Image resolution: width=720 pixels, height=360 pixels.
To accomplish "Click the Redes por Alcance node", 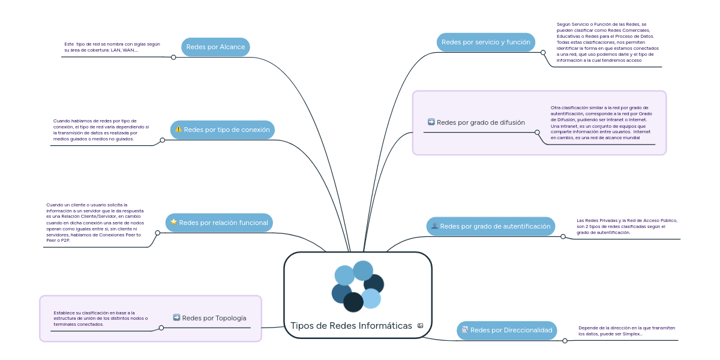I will point(215,47).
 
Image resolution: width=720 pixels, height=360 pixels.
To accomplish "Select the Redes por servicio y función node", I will point(485,42).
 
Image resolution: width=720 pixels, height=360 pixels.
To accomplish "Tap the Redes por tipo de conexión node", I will point(222,130).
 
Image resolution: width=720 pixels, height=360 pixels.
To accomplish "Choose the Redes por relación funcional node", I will point(218,223).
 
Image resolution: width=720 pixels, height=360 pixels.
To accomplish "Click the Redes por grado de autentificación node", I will point(490,226).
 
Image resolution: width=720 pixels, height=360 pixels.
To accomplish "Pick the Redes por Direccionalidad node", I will point(506,330).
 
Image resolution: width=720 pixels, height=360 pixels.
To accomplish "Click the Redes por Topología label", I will point(214,318).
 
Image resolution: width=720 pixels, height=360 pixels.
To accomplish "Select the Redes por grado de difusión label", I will point(481,122).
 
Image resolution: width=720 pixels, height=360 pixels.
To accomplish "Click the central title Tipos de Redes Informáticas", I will point(351,326).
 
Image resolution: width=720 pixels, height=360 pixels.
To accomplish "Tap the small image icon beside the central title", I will point(420,326).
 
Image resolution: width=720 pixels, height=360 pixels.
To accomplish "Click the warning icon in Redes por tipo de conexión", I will point(178,130).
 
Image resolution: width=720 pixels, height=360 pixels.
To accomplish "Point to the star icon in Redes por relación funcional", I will point(173,222).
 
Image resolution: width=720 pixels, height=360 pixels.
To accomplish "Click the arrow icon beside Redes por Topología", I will point(176,317).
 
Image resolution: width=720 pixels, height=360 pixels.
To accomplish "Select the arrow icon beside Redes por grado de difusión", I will point(431,122).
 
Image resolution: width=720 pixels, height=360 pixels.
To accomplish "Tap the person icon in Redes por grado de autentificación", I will point(434,226).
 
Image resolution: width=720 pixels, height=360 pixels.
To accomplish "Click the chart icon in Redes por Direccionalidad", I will point(464,330).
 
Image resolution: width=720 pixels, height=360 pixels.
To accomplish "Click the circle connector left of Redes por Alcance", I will point(173,58).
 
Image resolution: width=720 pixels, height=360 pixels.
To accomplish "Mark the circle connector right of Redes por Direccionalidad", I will point(565,341).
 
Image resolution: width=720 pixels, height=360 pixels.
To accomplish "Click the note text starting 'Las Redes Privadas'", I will point(626,226).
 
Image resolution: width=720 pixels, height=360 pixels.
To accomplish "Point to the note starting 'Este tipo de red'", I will point(112,47).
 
